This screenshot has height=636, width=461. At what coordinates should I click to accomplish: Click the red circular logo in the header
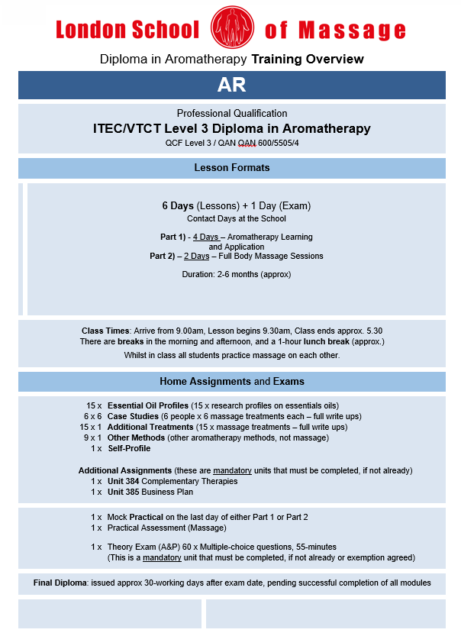pos(231,28)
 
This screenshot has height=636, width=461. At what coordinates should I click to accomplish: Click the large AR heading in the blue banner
pos(231,85)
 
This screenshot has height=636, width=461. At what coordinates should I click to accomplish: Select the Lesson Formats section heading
pos(231,168)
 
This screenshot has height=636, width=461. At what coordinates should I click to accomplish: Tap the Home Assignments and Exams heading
pos(231,381)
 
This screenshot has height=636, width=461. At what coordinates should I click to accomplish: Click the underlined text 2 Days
pos(196,256)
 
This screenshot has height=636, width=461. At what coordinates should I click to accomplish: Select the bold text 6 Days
pos(178,206)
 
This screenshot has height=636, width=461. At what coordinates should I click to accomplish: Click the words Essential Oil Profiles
pos(150,405)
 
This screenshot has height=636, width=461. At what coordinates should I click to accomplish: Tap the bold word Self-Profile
pos(129,448)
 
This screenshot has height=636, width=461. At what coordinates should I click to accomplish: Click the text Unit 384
pos(124,481)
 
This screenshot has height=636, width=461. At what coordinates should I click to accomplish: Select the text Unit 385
pos(124,492)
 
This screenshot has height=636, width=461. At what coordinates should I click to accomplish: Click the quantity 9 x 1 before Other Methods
pos(92,437)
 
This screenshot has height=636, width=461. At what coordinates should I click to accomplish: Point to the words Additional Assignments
pos(125,470)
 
